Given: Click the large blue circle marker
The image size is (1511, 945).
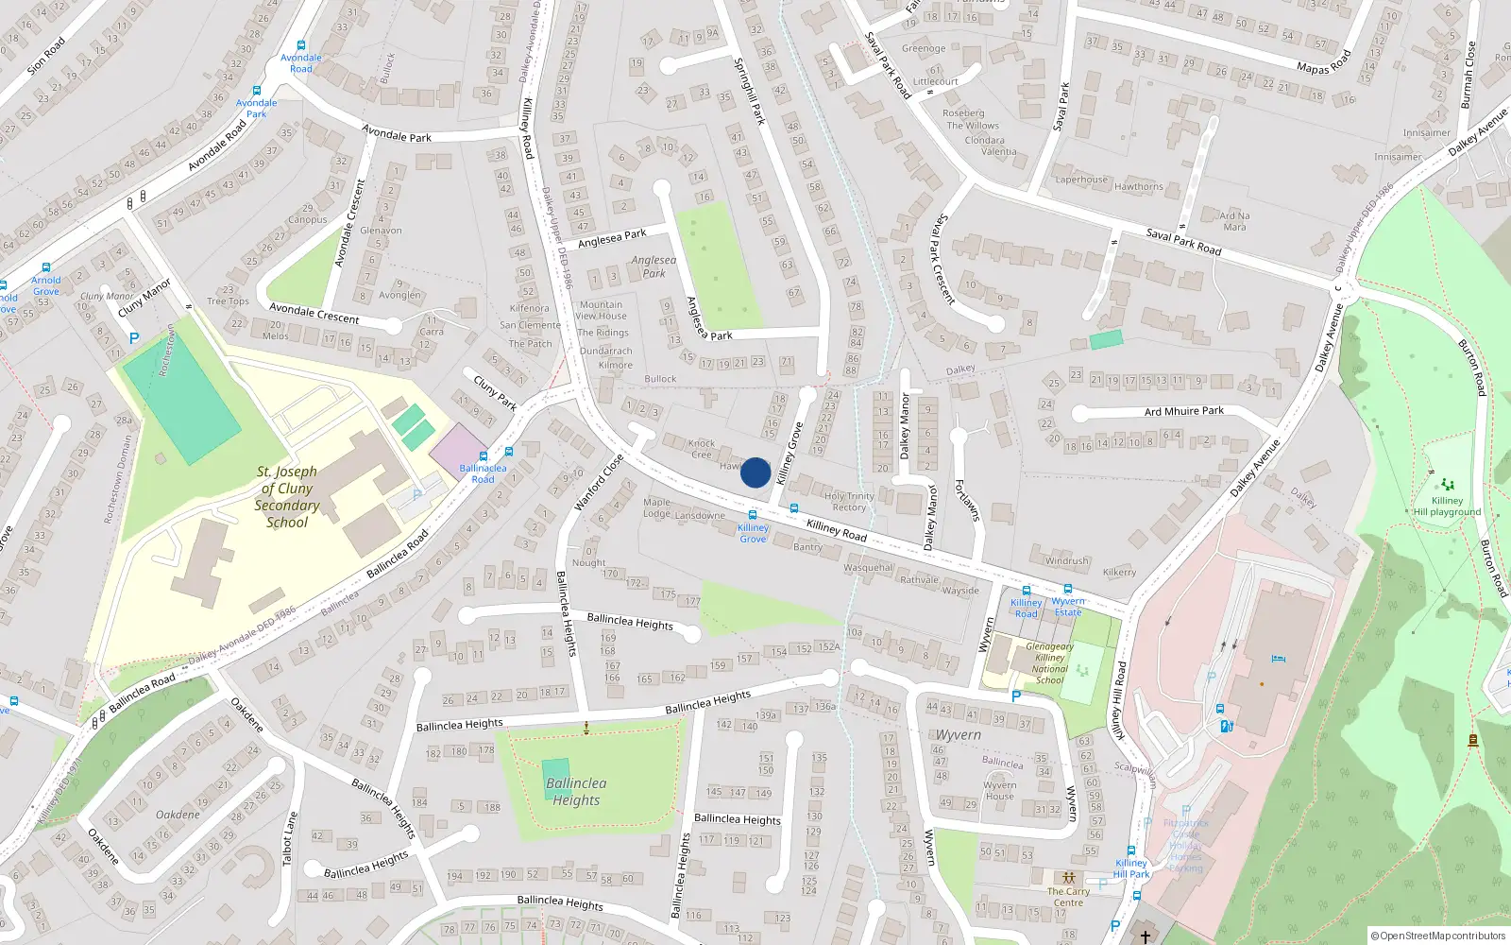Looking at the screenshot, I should (755, 472).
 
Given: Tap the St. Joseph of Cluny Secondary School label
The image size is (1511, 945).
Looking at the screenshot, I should (287, 497).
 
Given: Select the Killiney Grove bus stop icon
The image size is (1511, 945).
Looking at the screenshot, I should (753, 515).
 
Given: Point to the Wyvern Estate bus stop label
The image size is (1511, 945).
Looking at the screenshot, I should (1068, 607).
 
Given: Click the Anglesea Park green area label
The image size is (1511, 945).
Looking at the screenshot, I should (654, 266).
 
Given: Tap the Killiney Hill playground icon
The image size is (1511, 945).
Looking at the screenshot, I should (1448, 485).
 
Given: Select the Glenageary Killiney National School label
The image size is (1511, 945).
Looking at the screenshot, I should (1049, 663).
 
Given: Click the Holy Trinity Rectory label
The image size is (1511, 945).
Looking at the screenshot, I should (849, 502).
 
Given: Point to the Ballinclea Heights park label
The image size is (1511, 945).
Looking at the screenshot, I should (576, 792).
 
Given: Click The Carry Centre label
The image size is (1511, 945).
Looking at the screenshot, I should (1068, 897).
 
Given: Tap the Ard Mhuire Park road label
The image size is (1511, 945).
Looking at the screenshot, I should (1183, 411).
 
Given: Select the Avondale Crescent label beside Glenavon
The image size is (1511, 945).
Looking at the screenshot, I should (348, 223).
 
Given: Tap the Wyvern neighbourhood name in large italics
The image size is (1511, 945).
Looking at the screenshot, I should (958, 735).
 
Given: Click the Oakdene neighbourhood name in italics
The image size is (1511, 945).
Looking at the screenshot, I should (178, 815).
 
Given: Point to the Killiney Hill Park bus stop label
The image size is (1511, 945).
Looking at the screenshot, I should (1131, 868).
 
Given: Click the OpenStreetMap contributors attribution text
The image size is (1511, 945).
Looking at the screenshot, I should (1437, 936).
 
